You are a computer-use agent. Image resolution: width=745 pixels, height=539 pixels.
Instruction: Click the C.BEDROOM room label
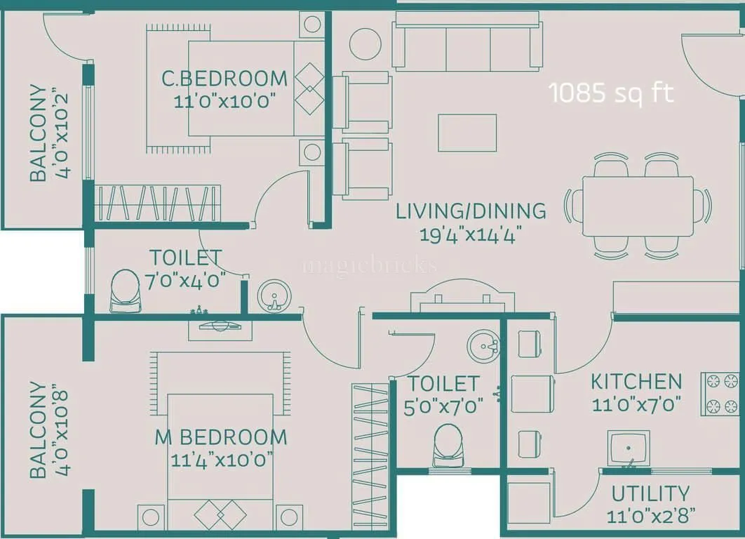(224, 78)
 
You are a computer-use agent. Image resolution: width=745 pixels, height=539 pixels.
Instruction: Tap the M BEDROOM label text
(221, 437)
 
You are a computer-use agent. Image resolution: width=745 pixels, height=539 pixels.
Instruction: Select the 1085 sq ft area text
(611, 93)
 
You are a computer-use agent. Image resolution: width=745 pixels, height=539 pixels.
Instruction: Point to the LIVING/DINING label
(471, 211)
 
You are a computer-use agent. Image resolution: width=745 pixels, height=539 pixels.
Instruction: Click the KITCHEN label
(636, 382)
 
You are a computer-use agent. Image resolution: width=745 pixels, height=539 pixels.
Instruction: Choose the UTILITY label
(650, 493)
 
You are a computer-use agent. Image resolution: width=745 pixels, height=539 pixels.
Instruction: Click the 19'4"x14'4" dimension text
(471, 234)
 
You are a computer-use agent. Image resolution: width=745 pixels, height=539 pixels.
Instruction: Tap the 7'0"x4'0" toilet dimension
(186, 281)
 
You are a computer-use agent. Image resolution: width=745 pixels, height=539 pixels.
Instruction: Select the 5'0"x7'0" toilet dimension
(443, 407)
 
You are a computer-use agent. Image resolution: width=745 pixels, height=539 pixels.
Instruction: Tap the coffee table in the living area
(467, 133)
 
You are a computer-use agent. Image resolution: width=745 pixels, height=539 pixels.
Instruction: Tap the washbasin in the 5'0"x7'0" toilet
(484, 345)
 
